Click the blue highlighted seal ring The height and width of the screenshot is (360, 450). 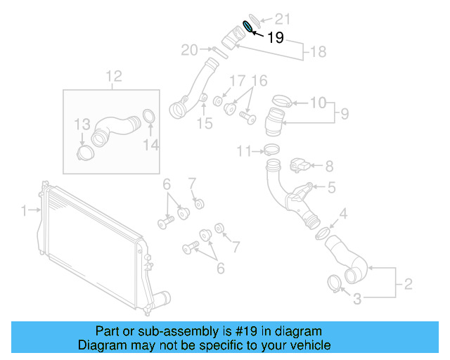248,27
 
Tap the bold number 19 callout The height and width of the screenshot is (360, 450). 276,38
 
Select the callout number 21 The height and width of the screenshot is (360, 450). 282,18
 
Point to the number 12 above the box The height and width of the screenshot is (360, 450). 114,76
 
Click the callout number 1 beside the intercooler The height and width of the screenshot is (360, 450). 23,210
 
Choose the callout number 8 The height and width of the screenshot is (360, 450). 328,166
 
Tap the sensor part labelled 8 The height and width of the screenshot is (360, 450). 300,166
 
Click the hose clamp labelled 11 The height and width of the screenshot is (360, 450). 270,148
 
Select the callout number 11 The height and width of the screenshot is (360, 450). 243,150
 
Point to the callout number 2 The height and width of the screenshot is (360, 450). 407,285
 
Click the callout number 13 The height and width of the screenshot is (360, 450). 83,125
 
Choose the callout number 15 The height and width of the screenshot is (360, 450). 204,124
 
